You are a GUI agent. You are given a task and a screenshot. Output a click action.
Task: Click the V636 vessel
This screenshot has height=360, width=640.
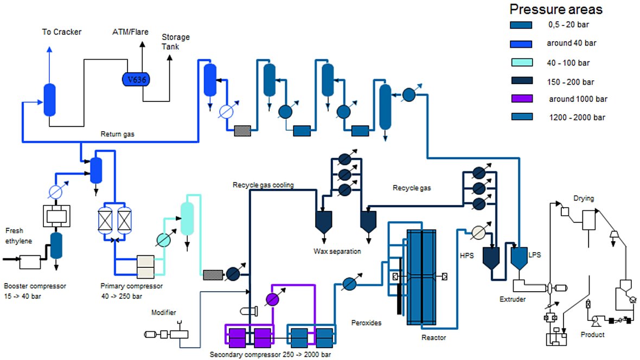point(136,79)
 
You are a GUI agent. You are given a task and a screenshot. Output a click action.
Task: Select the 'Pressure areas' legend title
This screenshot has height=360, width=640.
point(555,9)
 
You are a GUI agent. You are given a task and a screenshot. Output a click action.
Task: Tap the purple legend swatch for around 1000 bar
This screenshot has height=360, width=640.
point(522,99)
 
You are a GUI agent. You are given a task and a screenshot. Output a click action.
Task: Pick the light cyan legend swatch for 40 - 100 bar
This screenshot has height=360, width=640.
point(522,62)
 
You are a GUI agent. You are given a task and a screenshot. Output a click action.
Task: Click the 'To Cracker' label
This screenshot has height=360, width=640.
point(62,32)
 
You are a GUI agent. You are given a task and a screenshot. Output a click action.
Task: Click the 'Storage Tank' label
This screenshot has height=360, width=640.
point(176,42)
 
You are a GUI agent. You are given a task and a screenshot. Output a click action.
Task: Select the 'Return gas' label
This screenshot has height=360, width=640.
point(118,133)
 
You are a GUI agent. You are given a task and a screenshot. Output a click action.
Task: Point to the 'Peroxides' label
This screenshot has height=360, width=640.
point(366,323)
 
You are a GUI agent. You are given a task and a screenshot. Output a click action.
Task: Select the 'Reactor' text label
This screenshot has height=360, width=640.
point(433,338)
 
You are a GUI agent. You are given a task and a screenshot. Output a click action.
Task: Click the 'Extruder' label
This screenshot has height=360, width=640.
point(513,299)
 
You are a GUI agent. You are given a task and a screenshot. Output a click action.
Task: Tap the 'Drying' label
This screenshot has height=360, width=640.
point(584,198)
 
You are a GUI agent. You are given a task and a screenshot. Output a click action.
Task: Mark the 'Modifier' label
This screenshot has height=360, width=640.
point(163,312)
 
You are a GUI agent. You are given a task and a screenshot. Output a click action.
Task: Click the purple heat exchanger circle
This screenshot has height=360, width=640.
point(272,299)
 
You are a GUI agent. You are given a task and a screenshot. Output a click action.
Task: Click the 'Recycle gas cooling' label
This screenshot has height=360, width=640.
point(263,185)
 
